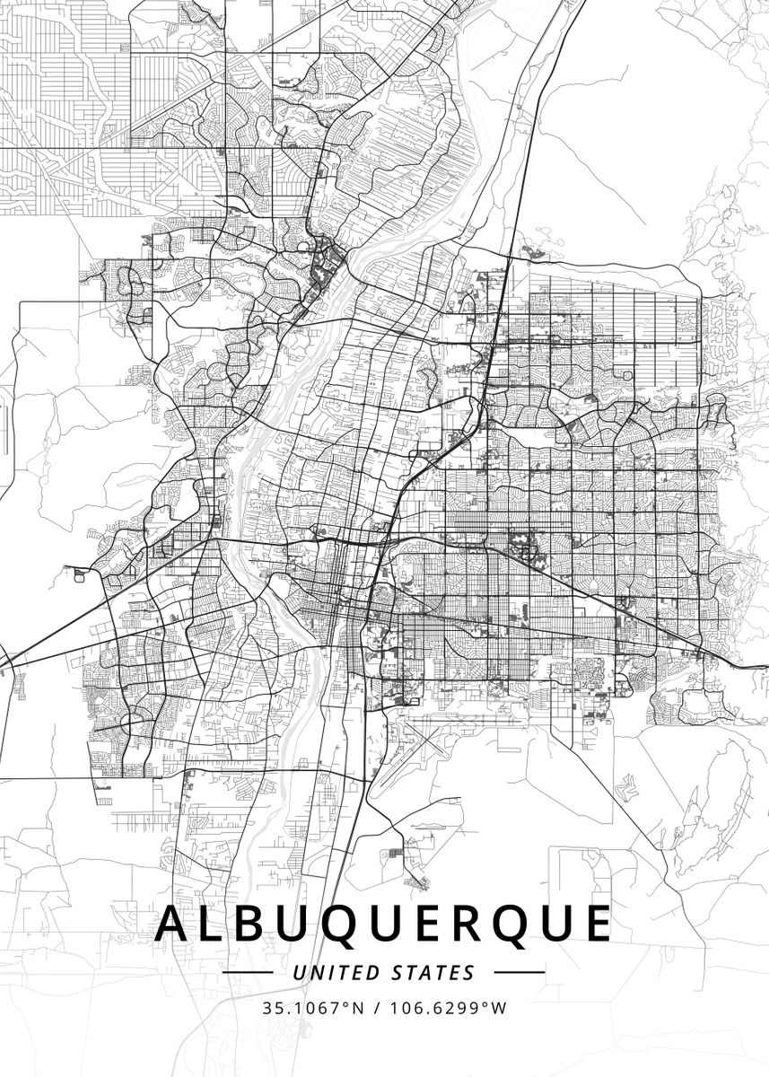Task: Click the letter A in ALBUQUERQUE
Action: (x=174, y=924)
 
